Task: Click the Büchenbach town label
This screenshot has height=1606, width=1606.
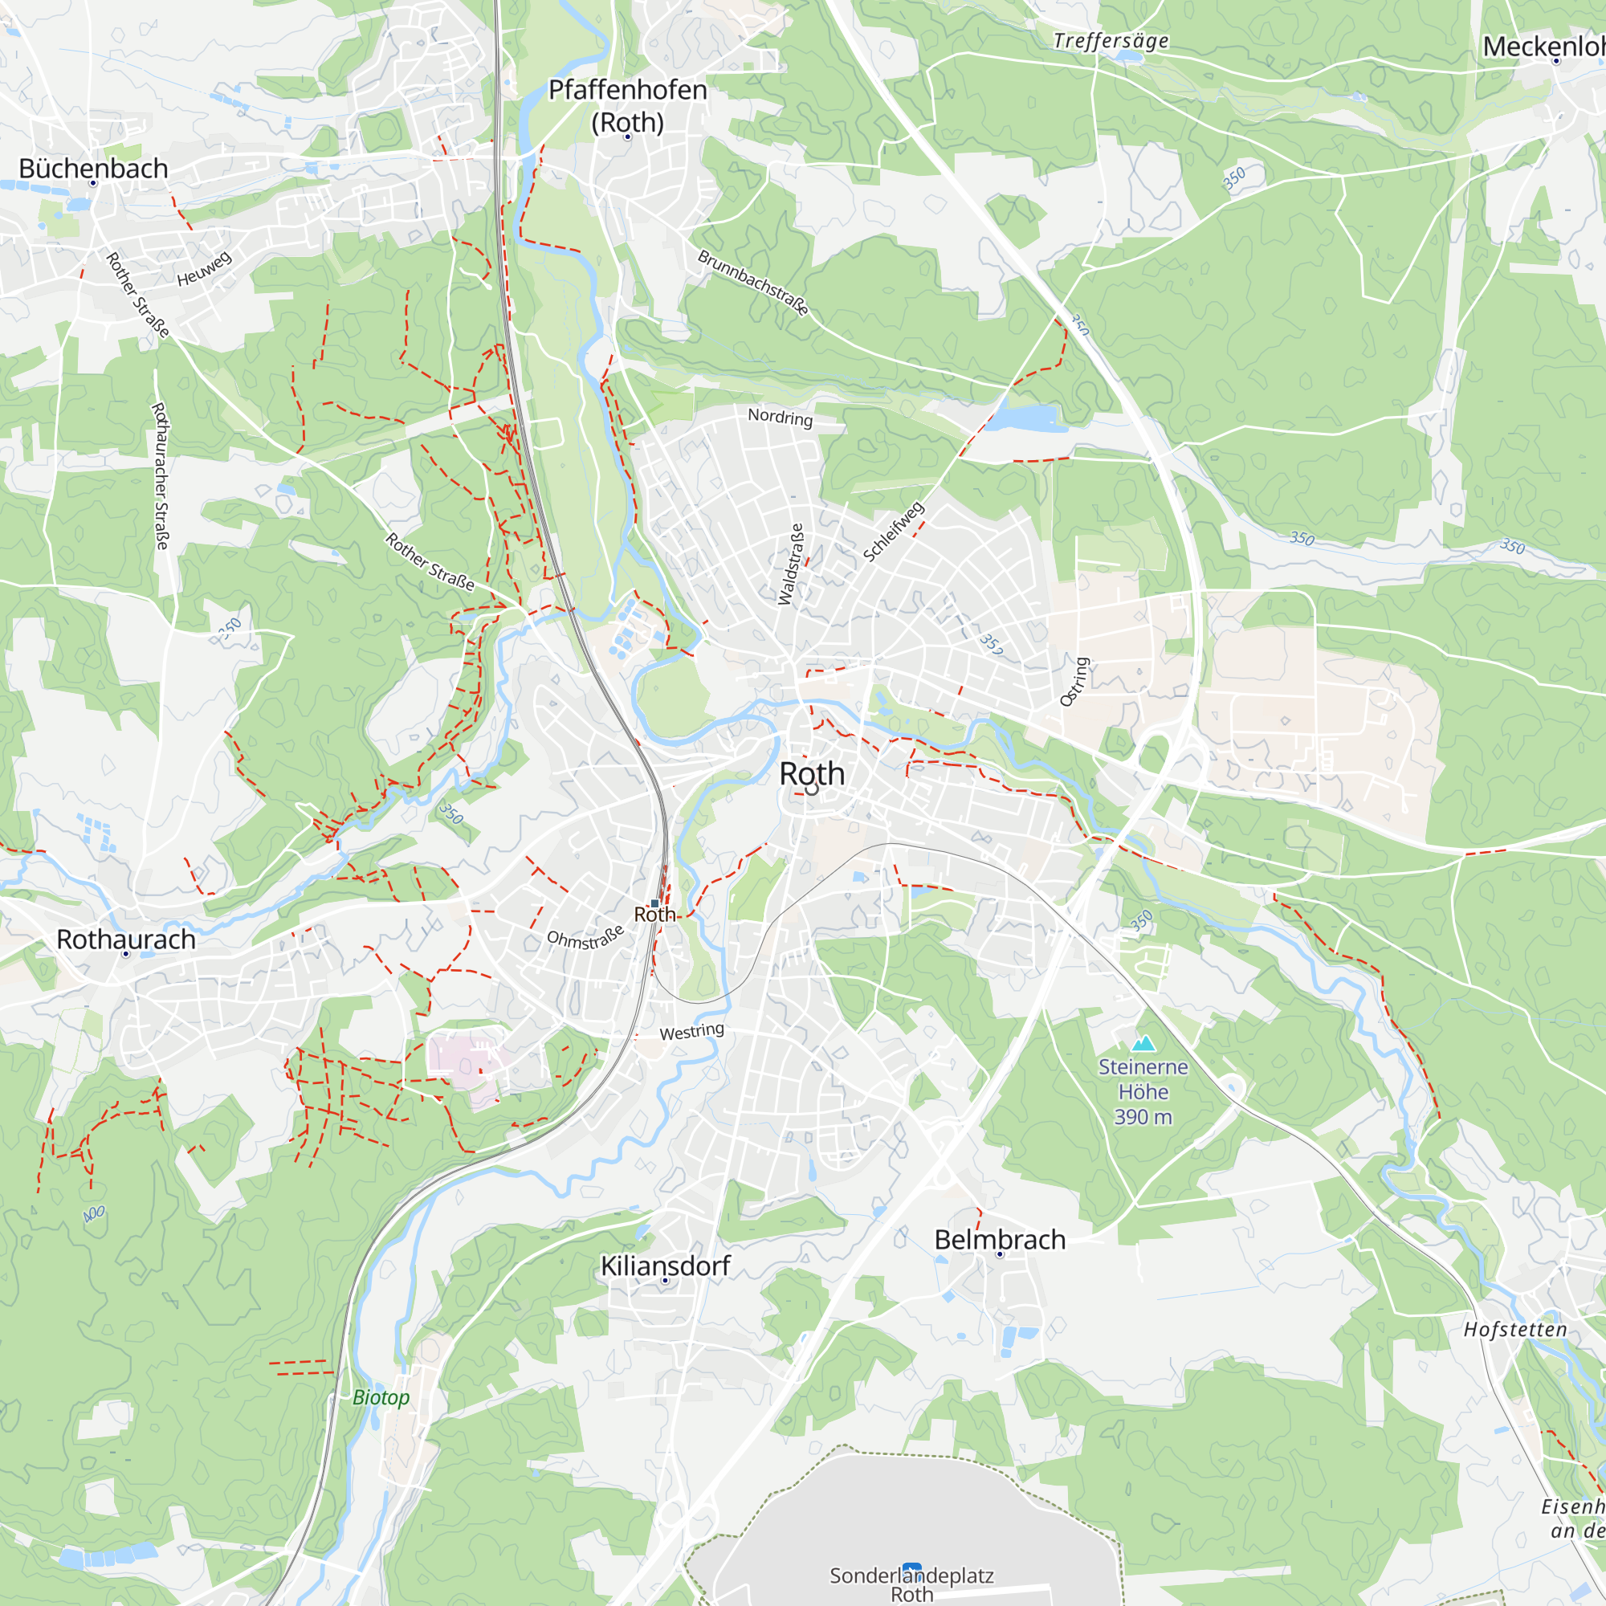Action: click(x=93, y=169)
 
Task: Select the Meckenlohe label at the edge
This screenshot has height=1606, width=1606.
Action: click(x=1543, y=47)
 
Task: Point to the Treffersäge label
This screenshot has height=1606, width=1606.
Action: click(x=1111, y=41)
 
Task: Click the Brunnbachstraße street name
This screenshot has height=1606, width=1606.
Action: click(x=753, y=283)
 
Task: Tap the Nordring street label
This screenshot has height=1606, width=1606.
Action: click(x=780, y=417)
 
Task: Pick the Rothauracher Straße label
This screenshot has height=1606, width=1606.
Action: click(x=161, y=475)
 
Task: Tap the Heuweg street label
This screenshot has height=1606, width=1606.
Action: click(x=205, y=269)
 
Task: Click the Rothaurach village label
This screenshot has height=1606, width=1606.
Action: click(x=126, y=940)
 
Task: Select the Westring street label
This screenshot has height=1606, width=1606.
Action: click(x=691, y=1032)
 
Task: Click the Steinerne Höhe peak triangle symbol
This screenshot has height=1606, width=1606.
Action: click(x=1143, y=1043)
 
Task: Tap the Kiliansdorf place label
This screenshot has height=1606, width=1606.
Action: click(x=665, y=1266)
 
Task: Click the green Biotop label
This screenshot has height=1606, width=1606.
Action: click(x=381, y=1397)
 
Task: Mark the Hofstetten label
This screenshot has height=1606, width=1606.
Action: click(x=1515, y=1330)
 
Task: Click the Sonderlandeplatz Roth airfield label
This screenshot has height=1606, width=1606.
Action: click(x=912, y=1584)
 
